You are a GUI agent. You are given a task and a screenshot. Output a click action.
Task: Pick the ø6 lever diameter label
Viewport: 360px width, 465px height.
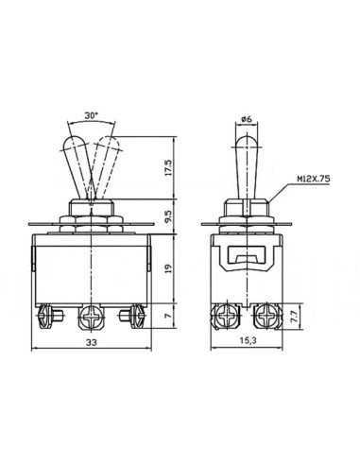click(x=247, y=119)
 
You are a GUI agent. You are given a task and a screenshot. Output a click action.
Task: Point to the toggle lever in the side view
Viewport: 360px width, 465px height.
click(x=248, y=161)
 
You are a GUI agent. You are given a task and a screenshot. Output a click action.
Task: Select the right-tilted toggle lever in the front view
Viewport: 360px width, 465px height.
click(x=106, y=161)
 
